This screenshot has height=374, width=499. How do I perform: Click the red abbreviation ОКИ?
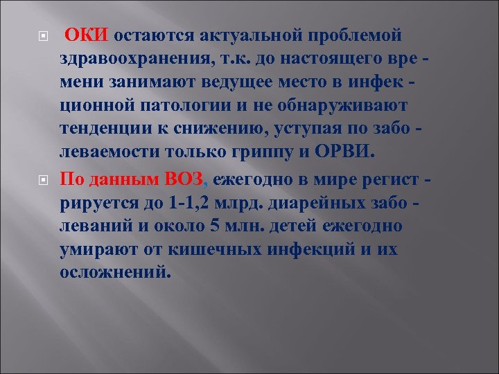pyautogui.click(x=87, y=35)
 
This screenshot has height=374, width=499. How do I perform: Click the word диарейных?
pyautogui.click(x=320, y=204)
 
